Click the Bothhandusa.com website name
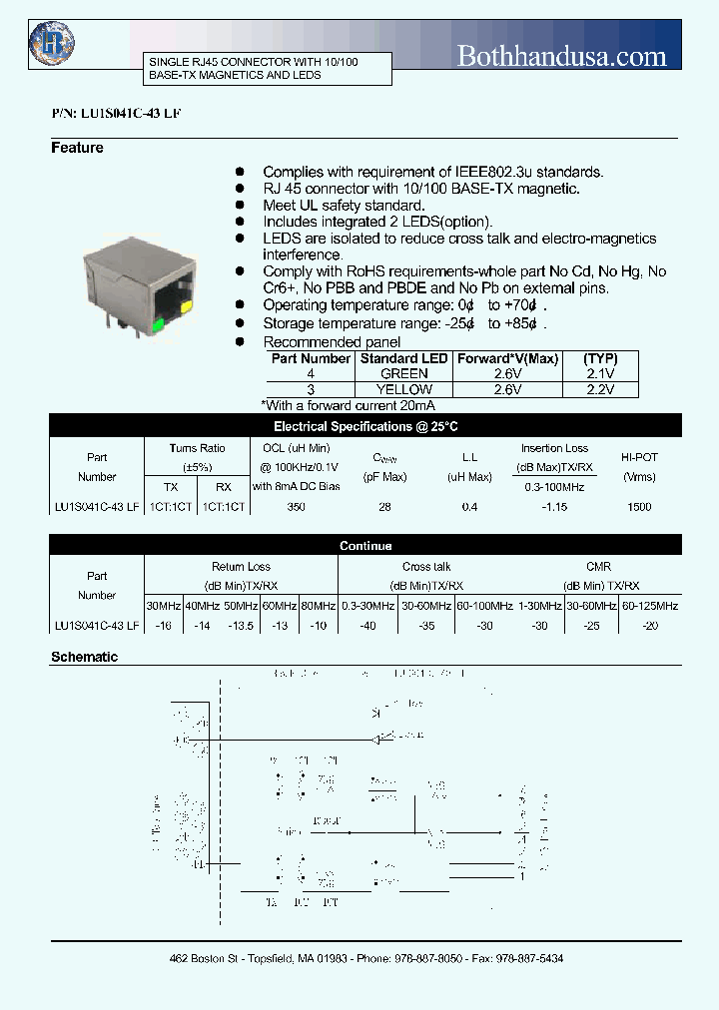(x=561, y=56)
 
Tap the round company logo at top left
(x=52, y=41)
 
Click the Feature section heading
(x=77, y=148)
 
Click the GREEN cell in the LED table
(x=404, y=373)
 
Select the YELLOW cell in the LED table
(x=404, y=389)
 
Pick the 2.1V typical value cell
(x=600, y=373)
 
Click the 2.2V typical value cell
(x=600, y=389)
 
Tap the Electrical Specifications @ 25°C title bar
(x=365, y=426)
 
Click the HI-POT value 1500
(x=638, y=507)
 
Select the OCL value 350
(x=296, y=507)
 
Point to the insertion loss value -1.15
(x=555, y=507)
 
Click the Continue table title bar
(x=365, y=546)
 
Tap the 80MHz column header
(x=318, y=606)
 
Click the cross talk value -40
(x=368, y=626)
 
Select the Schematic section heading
(x=85, y=658)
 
